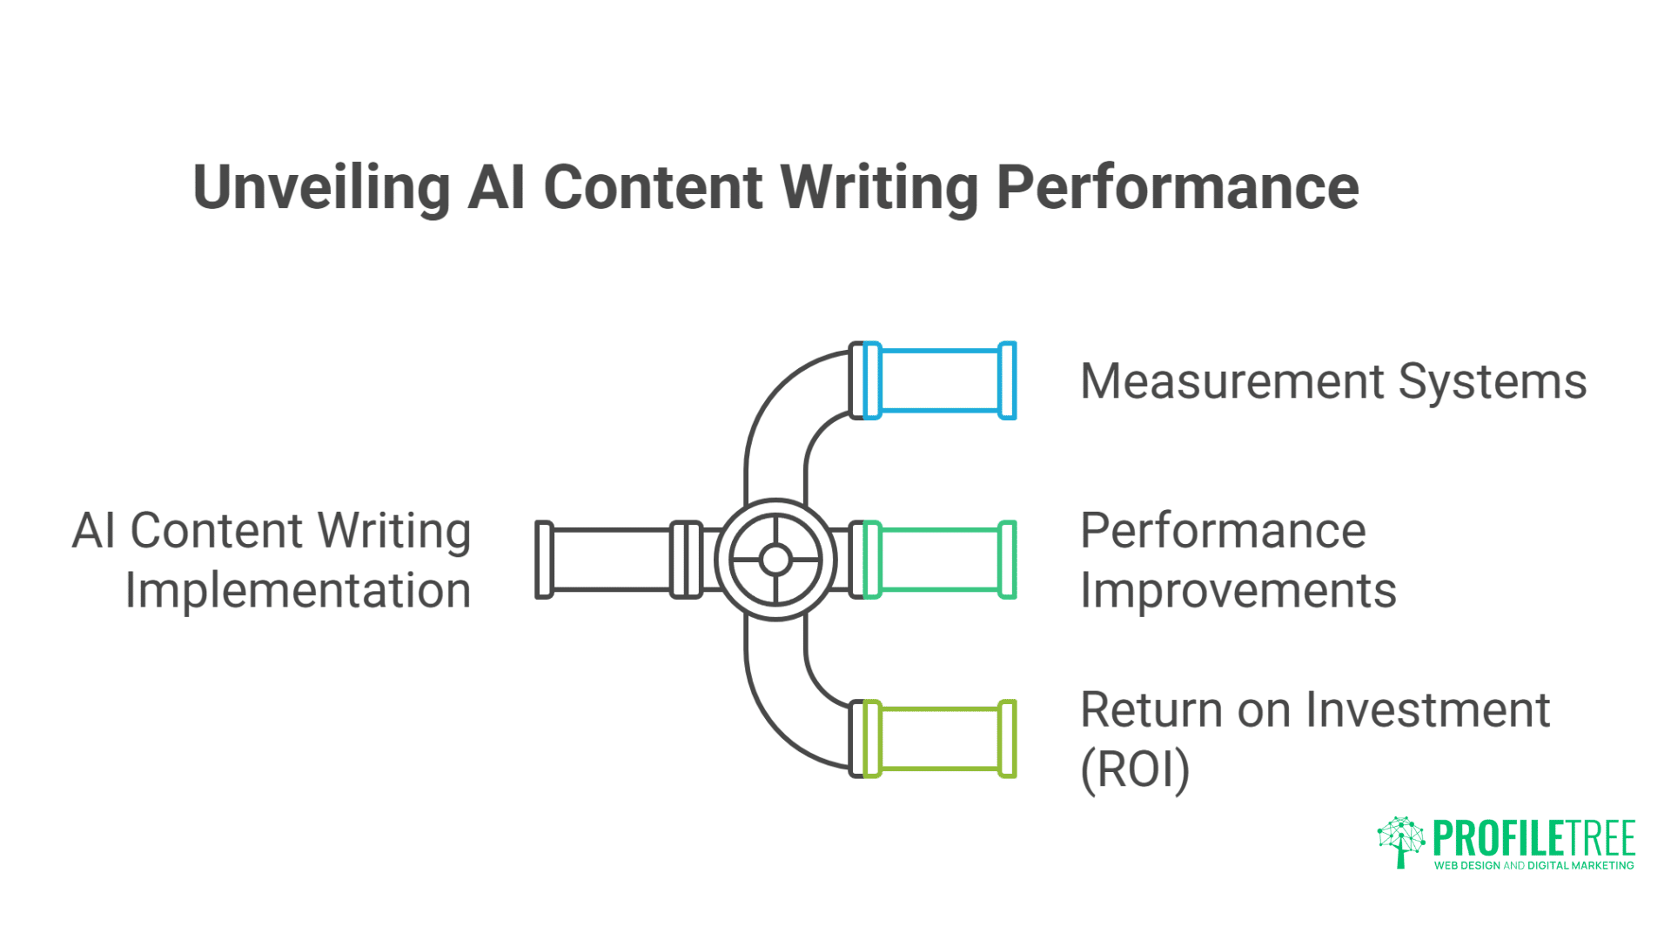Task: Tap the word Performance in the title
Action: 1177,188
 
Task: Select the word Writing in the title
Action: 880,188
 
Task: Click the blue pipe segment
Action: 940,380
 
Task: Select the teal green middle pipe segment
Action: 940,560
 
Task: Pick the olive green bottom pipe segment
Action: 940,739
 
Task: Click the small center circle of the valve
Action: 775,560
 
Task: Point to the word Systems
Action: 1492,382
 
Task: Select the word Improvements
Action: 1238,591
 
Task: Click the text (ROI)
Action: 1134,769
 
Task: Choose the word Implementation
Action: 298,591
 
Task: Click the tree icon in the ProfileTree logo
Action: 1400,841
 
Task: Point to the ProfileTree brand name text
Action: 1533,837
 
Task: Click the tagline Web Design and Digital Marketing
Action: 1533,865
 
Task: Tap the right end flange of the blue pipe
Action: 1007,380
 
